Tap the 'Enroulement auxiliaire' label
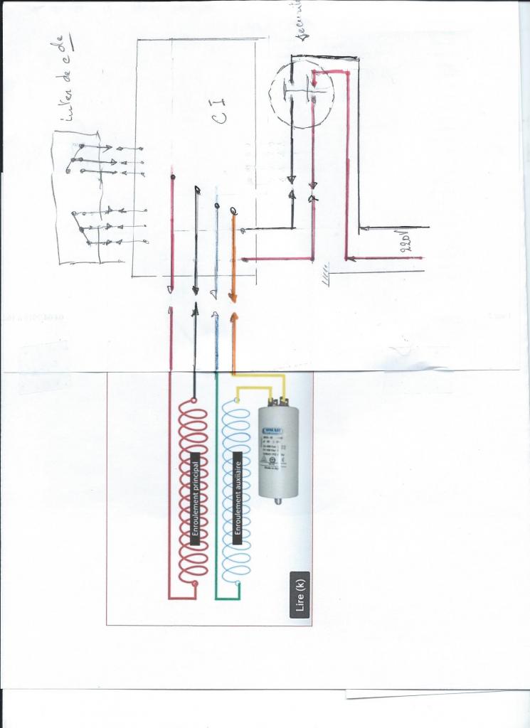pyautogui.click(x=240, y=497)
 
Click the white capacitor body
pyautogui.click(x=277, y=452)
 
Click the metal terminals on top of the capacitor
pyautogui.click(x=277, y=402)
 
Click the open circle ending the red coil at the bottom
pyautogui.click(x=195, y=585)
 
